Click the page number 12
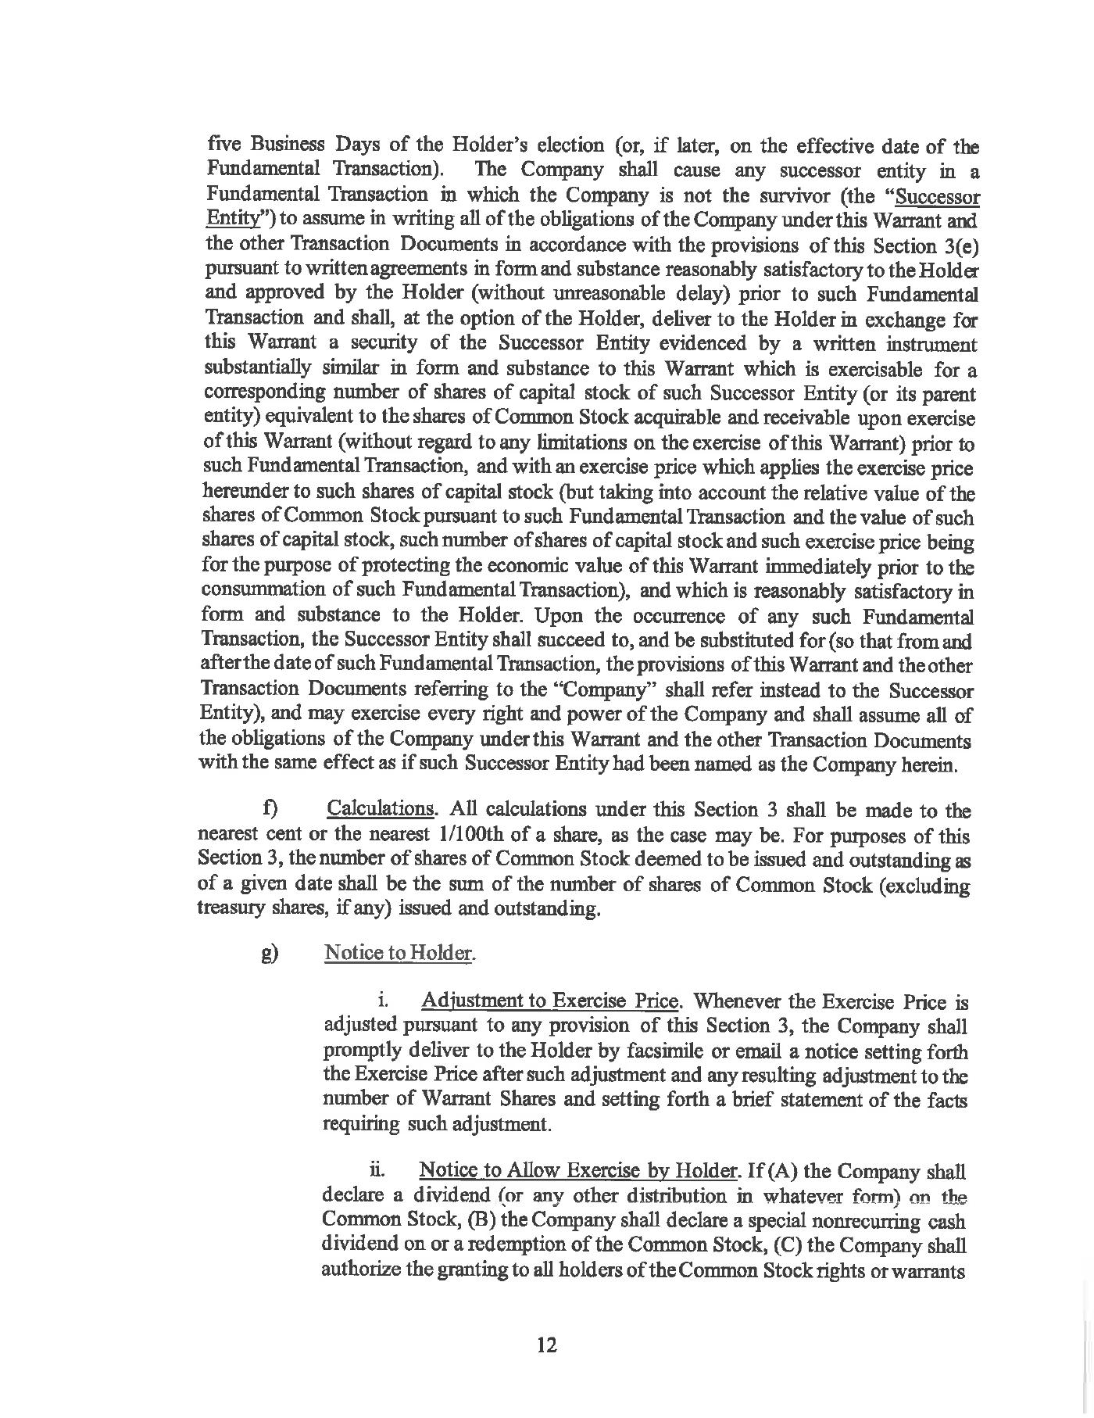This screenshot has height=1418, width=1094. coord(546,1345)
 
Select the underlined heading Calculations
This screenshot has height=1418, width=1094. coord(380,809)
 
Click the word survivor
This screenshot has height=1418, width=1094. coord(759,195)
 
